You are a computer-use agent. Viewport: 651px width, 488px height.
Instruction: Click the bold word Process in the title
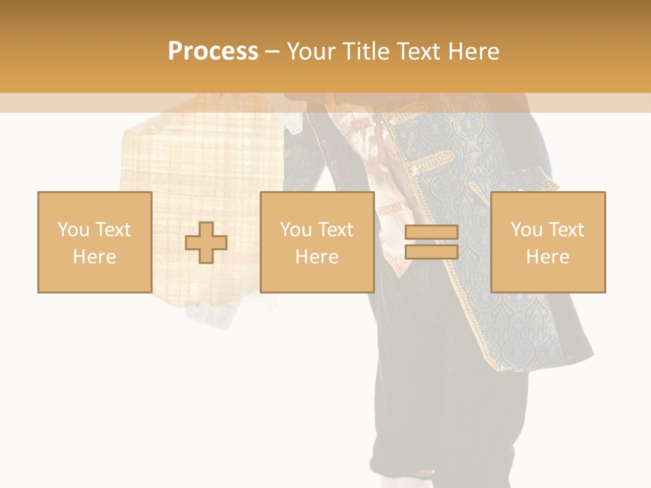click(x=213, y=52)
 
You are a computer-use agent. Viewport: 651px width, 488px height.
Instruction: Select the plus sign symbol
click(x=206, y=242)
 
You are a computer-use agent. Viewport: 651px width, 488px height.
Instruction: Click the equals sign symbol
click(x=431, y=242)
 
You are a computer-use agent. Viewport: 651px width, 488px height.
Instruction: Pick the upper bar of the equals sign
click(x=431, y=232)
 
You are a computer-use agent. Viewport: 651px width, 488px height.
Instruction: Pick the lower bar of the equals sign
click(x=431, y=251)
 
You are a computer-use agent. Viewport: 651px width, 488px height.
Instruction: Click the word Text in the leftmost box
click(x=112, y=230)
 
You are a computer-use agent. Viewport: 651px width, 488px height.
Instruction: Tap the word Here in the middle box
click(x=317, y=257)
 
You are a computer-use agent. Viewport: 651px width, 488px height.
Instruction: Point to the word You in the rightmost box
click(x=527, y=230)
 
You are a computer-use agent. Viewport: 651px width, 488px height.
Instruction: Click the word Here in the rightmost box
click(x=547, y=257)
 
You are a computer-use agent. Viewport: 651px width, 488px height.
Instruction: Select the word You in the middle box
click(x=296, y=230)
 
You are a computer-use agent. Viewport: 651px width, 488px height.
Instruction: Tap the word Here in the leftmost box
click(x=94, y=257)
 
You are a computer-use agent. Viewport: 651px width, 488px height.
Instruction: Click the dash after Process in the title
click(x=272, y=52)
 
